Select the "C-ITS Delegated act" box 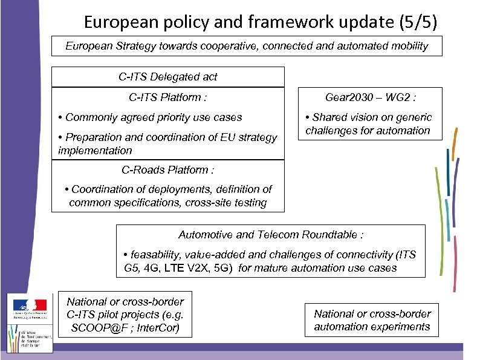167,77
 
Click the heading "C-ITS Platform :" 168,97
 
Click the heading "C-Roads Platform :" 168,170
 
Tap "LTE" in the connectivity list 173,267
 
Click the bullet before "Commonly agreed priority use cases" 60,117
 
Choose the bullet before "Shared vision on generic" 308,117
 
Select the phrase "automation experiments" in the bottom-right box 372,327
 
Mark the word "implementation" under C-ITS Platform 95,150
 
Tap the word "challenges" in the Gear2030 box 331,130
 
